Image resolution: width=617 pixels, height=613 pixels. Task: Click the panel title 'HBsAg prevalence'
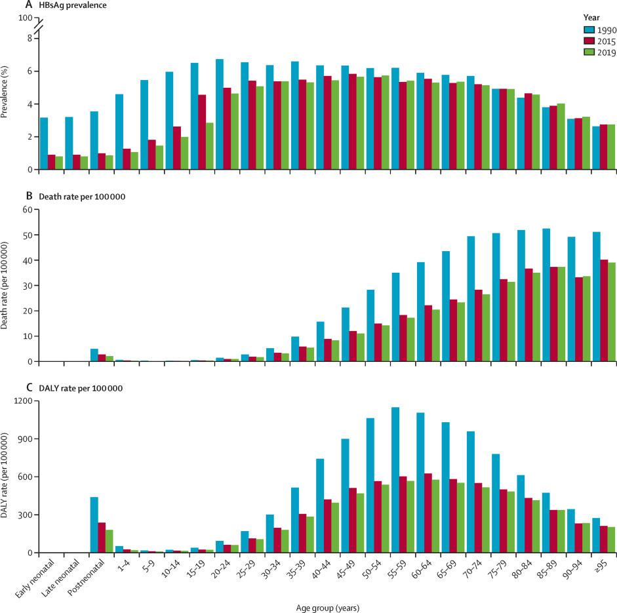pos(57,6)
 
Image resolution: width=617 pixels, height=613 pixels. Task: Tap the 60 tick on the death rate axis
pos(28,210)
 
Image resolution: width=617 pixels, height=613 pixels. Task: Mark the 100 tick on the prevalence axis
pos(25,18)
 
